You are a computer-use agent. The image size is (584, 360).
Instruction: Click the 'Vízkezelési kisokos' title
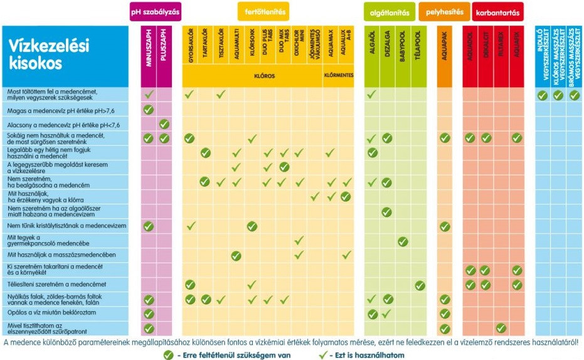pos(49,53)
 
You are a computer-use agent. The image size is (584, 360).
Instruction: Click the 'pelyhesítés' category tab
pos(443,11)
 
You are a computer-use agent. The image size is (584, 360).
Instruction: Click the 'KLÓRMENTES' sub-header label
pos(338,77)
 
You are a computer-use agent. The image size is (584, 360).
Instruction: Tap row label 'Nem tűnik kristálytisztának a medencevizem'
pos(67,226)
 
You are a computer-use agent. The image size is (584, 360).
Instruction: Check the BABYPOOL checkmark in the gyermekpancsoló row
pos(403,241)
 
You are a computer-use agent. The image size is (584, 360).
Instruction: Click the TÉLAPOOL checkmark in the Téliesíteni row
pos(420,285)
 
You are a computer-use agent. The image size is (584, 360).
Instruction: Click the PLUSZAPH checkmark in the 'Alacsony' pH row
pos(164,124)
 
